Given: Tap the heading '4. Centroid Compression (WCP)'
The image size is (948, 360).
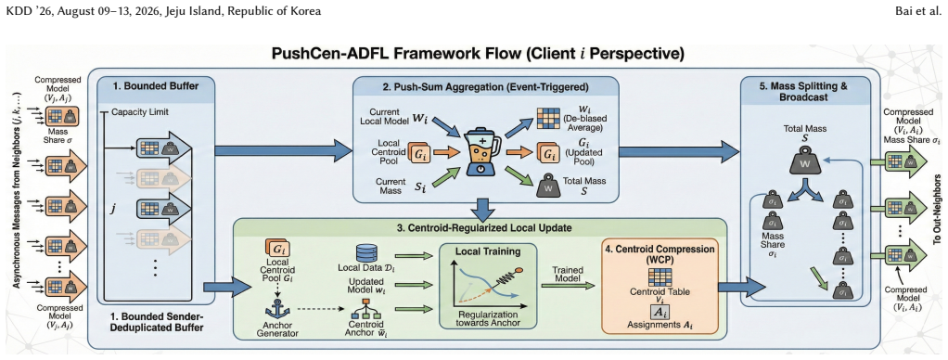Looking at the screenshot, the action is (660, 254).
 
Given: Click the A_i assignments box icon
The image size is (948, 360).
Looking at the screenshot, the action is (659, 312).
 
